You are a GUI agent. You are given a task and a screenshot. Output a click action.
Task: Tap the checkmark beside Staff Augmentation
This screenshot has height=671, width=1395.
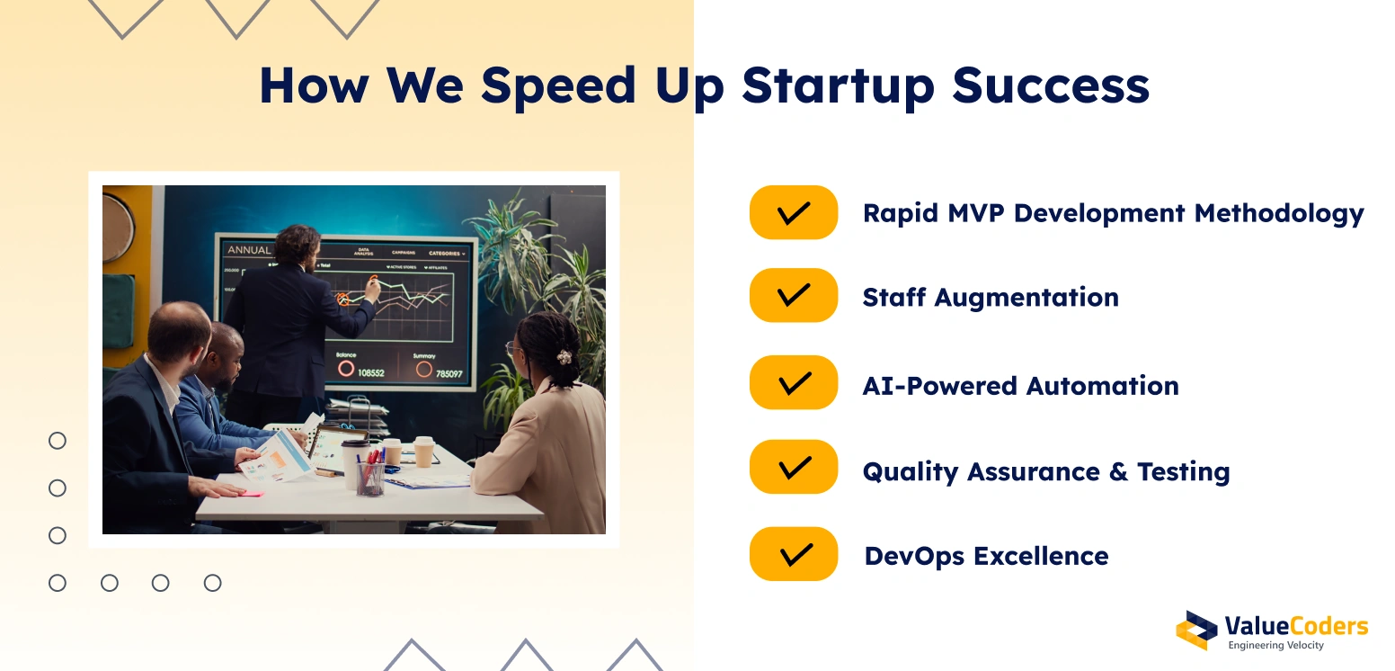[x=793, y=295]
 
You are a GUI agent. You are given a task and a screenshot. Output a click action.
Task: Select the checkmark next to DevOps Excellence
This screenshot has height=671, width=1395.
[x=793, y=554]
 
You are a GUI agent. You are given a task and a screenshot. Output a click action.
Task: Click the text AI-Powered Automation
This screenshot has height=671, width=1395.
[x=1020, y=386]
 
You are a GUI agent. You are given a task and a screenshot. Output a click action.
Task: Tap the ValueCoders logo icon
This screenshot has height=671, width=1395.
[x=1196, y=630]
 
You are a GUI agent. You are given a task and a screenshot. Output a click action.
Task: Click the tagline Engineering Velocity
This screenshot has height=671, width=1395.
[x=1275, y=646]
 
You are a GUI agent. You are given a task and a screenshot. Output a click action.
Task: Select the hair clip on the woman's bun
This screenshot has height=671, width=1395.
[x=564, y=357]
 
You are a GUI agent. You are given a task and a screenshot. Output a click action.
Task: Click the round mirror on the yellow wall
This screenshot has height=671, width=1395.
[x=117, y=226]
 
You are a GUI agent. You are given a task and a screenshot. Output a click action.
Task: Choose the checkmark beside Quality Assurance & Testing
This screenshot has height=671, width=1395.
[x=793, y=467]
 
